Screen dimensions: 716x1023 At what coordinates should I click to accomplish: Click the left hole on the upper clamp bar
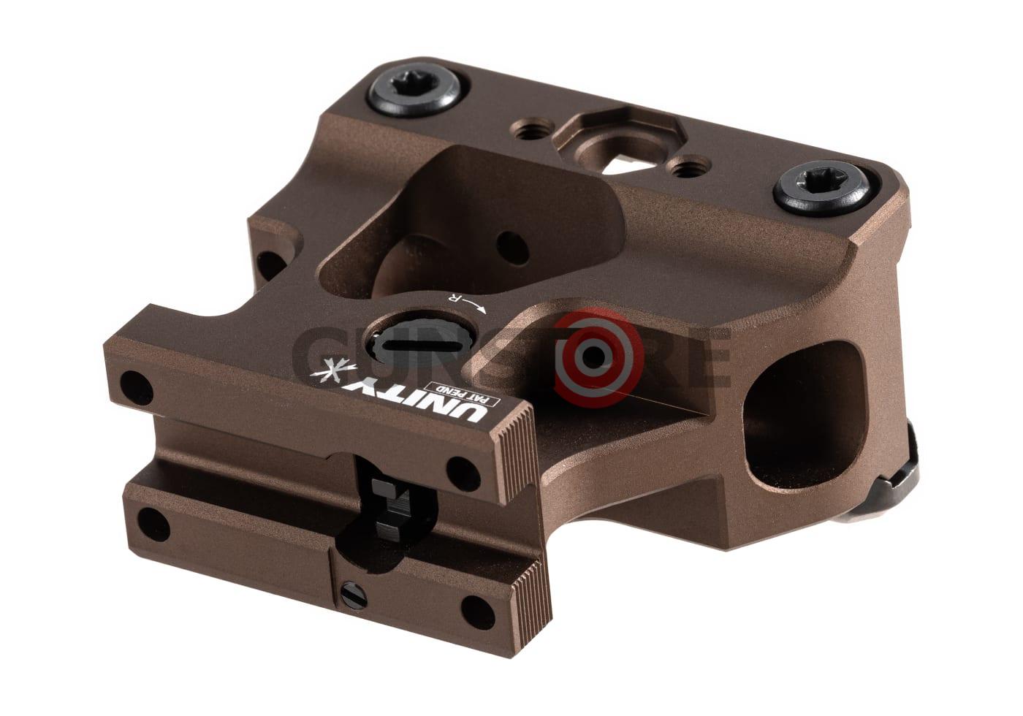click(x=133, y=381)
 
